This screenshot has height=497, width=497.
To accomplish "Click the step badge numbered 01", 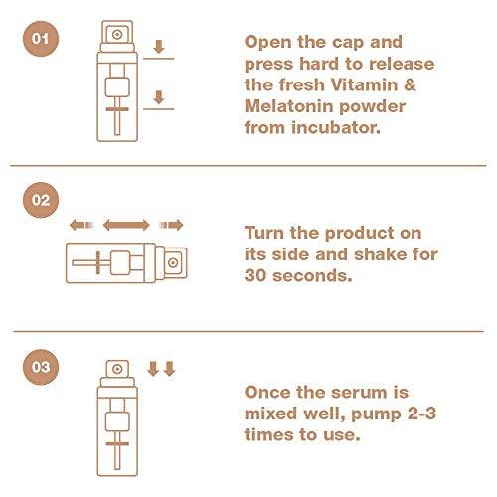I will click(x=41, y=42).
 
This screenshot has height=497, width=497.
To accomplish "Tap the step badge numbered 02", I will click(x=41, y=200).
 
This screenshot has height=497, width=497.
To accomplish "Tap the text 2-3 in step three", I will click(x=393, y=414).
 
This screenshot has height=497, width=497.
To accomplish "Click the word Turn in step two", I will click(x=266, y=231).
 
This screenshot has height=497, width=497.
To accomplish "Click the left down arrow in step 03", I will click(x=153, y=370).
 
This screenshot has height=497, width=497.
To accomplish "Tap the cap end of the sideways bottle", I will click(x=171, y=262).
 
